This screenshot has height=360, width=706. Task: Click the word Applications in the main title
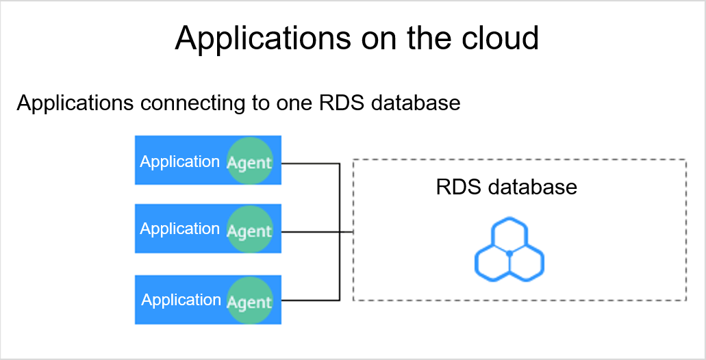262,38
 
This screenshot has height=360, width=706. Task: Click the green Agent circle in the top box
250,161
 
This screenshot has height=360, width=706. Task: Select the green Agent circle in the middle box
250,229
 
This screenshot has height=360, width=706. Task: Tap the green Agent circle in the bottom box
250,300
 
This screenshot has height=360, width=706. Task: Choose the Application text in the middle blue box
179,229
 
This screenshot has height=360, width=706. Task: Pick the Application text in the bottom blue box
181,300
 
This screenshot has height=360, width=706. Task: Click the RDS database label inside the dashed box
507,187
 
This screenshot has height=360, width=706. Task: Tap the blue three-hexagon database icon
509,250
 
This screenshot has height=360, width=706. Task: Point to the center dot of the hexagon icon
509,254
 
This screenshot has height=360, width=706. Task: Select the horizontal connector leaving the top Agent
310,164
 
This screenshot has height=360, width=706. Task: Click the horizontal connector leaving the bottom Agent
310,300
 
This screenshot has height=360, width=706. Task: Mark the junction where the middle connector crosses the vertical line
340,232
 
